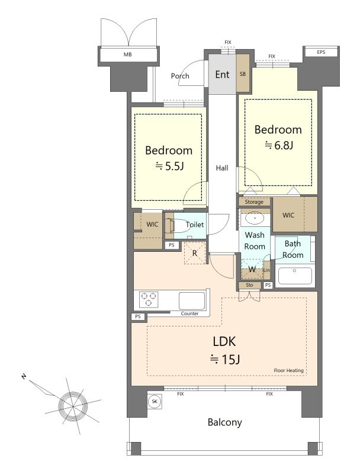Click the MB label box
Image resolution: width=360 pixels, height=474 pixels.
click(128, 55)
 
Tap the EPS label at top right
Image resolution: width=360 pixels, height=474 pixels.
click(321, 52)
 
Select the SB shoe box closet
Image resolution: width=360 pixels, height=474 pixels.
click(243, 73)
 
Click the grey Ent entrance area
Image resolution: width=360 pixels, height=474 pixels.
click(222, 75)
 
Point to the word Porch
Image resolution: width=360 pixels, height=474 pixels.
click(180, 76)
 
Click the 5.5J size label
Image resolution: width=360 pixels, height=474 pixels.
click(169, 166)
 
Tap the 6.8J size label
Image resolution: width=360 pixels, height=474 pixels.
click(278, 145)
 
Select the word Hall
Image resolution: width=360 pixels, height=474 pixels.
click(222, 168)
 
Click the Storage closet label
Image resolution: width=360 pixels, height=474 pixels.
click(254, 202)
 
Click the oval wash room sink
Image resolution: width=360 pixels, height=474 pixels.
click(255, 217)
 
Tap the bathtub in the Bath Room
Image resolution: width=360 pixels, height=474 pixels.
click(295, 276)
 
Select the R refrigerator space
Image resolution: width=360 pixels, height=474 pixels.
click(195, 253)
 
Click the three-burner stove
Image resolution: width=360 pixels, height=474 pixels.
click(148, 299)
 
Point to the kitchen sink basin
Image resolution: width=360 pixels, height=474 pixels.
click(191, 300)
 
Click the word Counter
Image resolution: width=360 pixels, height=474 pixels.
click(189, 313)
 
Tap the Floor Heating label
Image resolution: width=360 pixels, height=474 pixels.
click(289, 370)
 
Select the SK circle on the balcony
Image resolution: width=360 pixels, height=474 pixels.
click(155, 402)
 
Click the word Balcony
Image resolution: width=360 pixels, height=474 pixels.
click(225, 422)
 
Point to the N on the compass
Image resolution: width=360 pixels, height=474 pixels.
click(24, 377)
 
